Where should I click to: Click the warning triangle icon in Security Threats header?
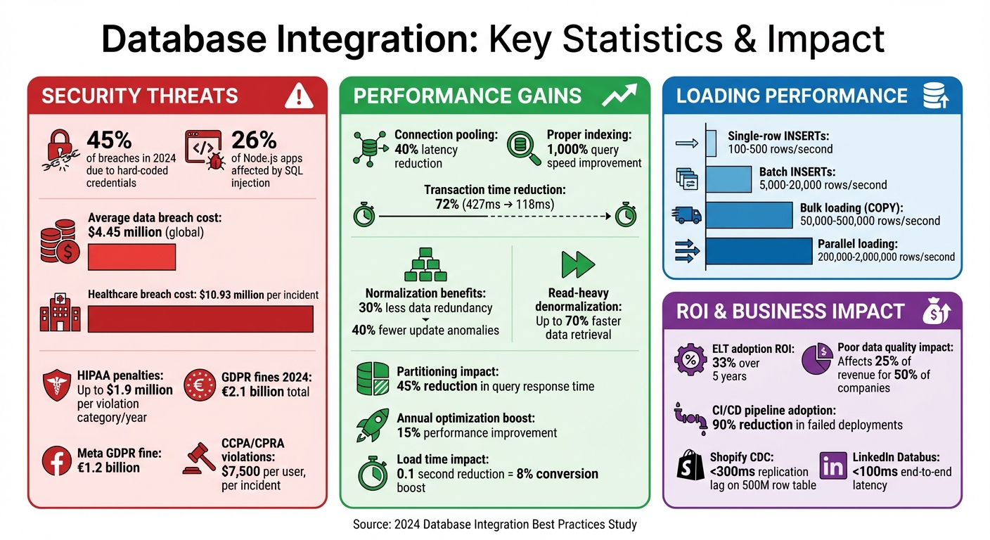tap(299, 96)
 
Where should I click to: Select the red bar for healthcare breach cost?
tap(200, 319)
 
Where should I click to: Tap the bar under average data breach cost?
tap(131, 257)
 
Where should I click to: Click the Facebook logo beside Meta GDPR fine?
tap(59, 461)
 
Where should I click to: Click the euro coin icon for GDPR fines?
tap(200, 385)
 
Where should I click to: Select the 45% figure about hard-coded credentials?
tap(108, 140)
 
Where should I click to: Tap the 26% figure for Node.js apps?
tap(254, 140)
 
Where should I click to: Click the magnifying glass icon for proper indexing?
tap(524, 148)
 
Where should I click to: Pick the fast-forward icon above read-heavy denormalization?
tap(578, 264)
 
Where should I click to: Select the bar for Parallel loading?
tap(758, 251)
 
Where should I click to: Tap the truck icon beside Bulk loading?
tap(688, 214)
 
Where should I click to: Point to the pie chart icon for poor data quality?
tap(817, 360)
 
